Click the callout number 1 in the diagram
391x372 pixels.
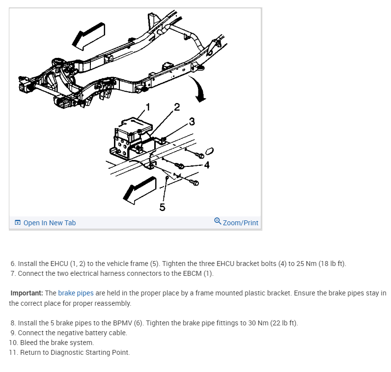point(148,107)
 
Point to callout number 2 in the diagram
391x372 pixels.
point(177,106)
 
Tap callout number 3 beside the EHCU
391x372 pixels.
point(192,121)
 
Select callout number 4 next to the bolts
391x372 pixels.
point(207,165)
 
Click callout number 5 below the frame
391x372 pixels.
point(163,207)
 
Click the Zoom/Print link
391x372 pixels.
point(240,223)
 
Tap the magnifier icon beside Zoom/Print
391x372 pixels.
point(218,222)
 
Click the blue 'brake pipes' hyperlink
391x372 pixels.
point(76,293)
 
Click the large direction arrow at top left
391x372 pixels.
point(88,35)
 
